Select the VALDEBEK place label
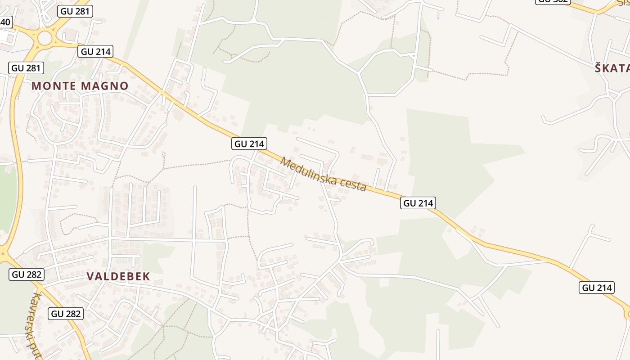[118, 276]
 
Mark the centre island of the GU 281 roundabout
[45, 38]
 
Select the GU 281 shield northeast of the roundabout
[75, 11]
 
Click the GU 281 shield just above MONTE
[26, 68]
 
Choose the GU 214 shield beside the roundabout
[95, 51]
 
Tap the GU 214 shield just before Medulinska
[250, 144]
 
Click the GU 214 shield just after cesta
[418, 203]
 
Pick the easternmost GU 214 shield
[597, 288]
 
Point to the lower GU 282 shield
[66, 314]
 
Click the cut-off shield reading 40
[5, 22]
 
